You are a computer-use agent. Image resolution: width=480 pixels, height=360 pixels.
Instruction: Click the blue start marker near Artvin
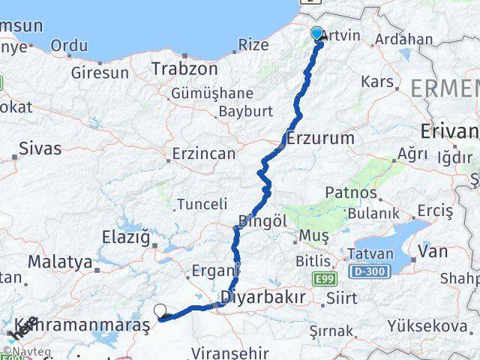click(316, 33)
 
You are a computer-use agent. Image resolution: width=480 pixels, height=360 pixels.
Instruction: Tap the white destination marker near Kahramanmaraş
click(160, 310)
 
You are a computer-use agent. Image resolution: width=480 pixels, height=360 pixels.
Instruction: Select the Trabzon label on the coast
click(184, 69)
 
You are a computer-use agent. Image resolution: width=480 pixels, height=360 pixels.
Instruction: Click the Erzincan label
click(203, 154)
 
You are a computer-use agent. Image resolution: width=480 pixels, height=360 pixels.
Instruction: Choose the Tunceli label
click(202, 203)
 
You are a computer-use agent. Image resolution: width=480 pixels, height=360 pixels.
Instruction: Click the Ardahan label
click(403, 39)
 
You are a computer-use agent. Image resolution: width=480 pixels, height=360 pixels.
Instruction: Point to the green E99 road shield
click(323, 277)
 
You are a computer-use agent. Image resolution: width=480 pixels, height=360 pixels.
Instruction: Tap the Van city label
click(433, 251)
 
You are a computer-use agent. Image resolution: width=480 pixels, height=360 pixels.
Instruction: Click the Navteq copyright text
click(22, 350)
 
